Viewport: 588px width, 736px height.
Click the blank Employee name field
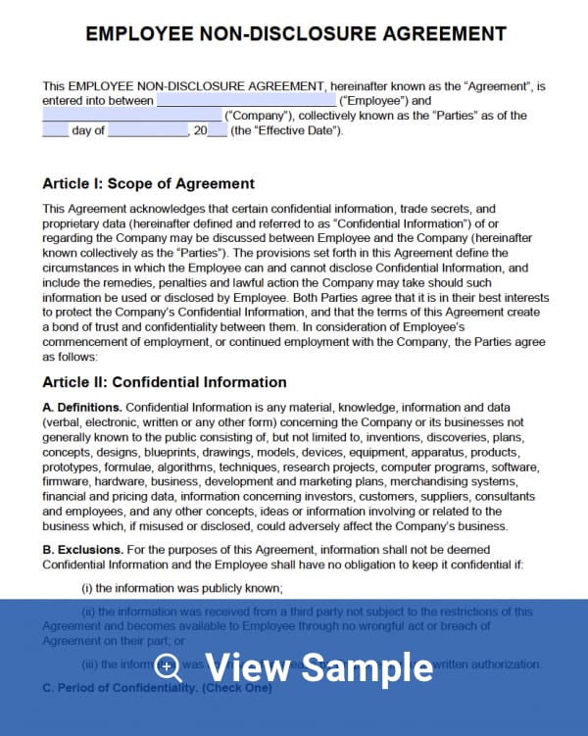point(246,100)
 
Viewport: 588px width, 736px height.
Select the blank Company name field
point(131,116)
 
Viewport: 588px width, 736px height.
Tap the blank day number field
point(55,130)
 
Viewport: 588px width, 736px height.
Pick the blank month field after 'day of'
point(147,130)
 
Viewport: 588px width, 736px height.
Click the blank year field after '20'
point(217,130)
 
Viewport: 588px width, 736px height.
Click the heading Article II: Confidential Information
point(165,382)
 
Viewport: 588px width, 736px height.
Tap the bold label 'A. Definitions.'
point(82,408)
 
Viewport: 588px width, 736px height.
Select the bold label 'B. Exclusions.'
point(82,550)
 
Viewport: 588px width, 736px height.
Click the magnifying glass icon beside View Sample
point(170,667)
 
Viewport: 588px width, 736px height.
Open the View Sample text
point(318,667)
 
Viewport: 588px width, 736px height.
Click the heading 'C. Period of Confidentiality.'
point(120,689)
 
